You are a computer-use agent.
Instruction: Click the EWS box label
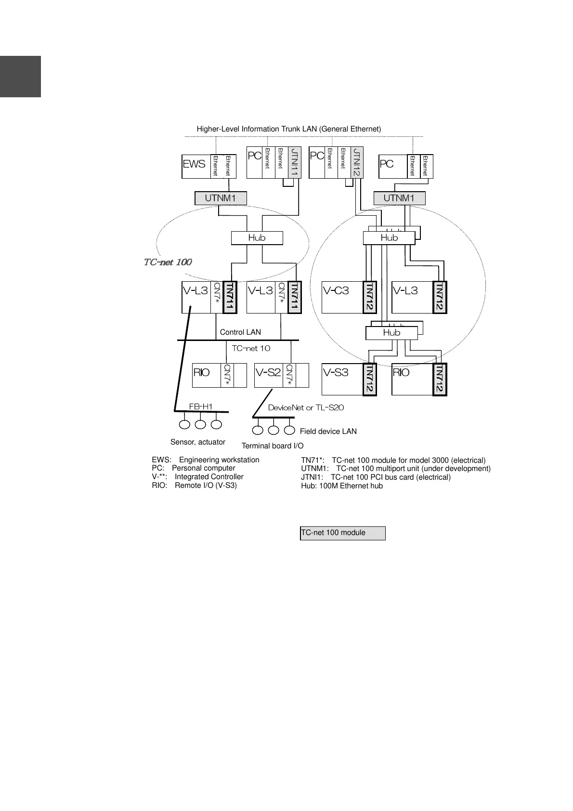click(x=194, y=164)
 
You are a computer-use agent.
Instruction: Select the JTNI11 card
click(x=295, y=163)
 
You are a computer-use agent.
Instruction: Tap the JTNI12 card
click(x=356, y=163)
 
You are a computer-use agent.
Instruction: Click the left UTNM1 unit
click(x=221, y=198)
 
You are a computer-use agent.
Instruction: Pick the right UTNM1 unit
click(x=399, y=198)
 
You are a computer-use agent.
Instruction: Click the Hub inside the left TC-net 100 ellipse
click(x=257, y=238)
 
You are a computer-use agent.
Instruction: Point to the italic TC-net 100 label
click(x=168, y=262)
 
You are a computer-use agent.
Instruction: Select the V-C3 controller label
click(x=336, y=291)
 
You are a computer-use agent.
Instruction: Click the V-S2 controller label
click(x=268, y=372)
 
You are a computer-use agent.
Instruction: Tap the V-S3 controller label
click(x=335, y=372)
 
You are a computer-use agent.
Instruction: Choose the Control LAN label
click(x=240, y=332)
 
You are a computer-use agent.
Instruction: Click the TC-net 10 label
click(x=251, y=348)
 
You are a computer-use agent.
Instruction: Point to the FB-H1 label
click(x=201, y=406)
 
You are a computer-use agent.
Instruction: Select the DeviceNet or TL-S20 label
click(x=306, y=408)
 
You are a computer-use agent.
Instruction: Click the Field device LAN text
click(x=328, y=432)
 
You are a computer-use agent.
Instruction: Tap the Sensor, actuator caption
click(x=197, y=442)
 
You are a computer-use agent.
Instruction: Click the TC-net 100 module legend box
click(x=342, y=533)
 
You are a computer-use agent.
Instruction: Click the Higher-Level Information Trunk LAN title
click(x=288, y=129)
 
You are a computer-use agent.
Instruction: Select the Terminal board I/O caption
click(x=272, y=446)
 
